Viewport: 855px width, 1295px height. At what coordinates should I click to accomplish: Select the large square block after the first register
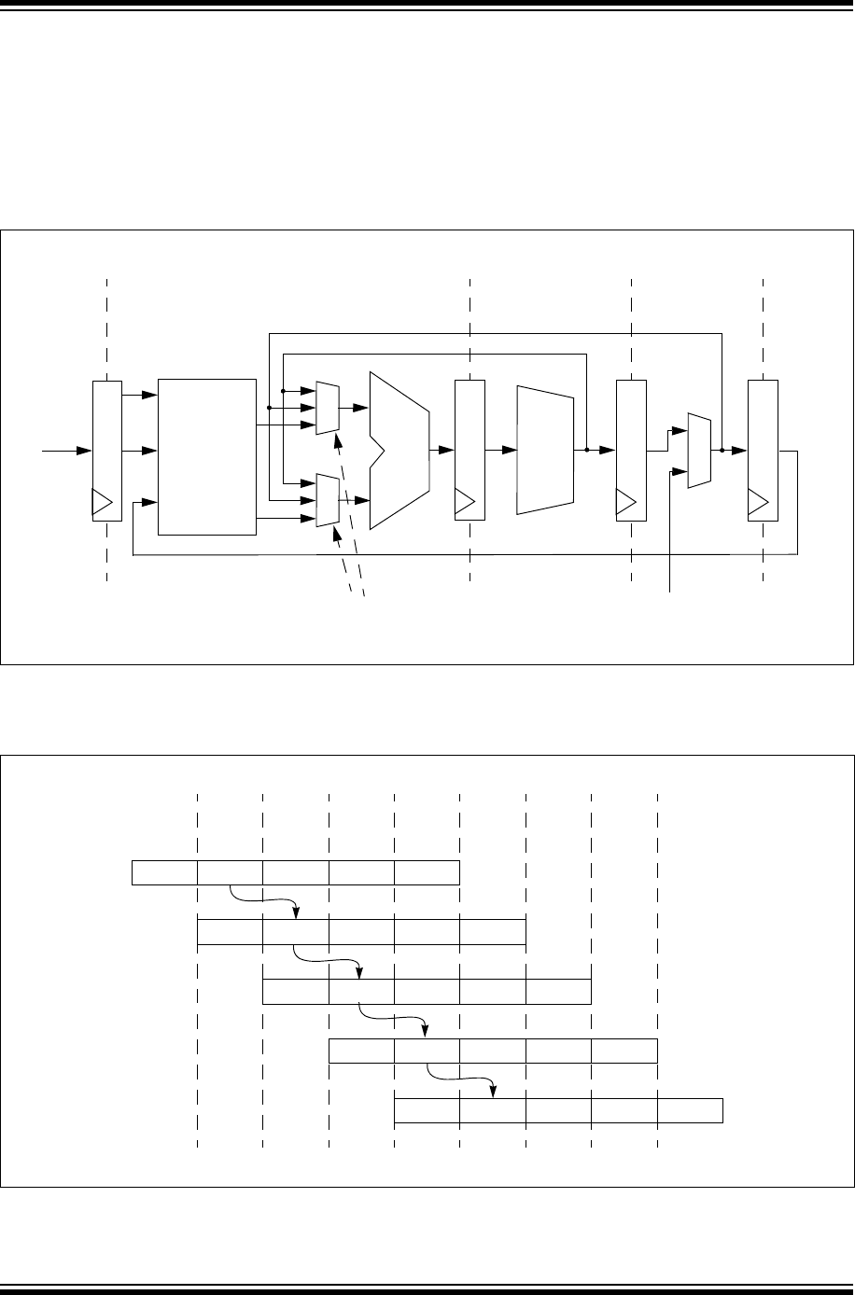[x=207, y=456]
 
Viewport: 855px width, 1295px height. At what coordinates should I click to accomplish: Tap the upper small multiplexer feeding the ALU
[x=328, y=408]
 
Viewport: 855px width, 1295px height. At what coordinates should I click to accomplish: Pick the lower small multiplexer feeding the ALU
[x=328, y=499]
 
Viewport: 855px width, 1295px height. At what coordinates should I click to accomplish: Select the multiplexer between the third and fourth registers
[x=699, y=450]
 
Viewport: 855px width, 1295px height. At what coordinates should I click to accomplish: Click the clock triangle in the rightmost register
[x=758, y=504]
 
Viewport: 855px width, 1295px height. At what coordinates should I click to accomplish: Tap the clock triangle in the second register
[x=464, y=504]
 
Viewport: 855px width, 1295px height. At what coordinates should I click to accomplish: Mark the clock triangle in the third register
[x=626, y=504]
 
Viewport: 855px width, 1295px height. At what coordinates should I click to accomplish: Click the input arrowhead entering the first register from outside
[x=85, y=451]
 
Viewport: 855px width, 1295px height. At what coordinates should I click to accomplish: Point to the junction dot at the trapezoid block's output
[x=586, y=450]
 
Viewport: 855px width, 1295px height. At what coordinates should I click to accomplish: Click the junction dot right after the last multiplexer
[x=722, y=450]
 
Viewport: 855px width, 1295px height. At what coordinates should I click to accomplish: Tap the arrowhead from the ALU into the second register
[x=446, y=450]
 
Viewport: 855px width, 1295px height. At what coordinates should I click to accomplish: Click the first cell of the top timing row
[x=164, y=872]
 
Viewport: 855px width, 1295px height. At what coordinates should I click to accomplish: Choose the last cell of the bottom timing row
[x=691, y=1110]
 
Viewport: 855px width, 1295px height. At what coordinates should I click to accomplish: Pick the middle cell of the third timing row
[x=427, y=992]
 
